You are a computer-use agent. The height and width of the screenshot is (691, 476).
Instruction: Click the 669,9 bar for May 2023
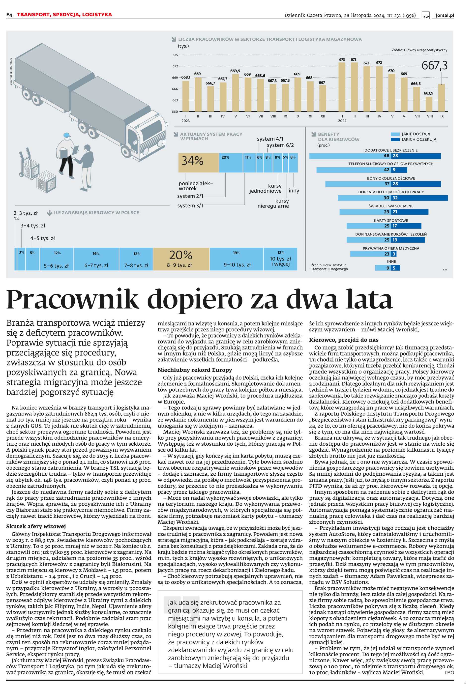(235, 93)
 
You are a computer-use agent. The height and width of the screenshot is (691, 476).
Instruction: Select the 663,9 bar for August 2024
(429, 104)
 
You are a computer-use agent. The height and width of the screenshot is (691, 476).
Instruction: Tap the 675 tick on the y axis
(175, 55)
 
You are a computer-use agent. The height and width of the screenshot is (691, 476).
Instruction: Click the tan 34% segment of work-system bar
(198, 163)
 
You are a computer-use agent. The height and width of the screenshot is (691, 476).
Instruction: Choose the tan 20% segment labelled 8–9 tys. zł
(181, 259)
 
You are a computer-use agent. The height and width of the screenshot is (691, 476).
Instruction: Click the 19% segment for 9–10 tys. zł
(237, 259)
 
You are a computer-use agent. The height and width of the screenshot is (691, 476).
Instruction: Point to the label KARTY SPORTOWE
(391, 220)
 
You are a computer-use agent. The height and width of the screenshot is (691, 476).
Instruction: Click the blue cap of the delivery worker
(67, 135)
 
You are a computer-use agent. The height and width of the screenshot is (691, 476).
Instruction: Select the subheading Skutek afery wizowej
(36, 526)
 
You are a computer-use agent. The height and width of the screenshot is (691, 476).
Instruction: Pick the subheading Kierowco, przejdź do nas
(344, 340)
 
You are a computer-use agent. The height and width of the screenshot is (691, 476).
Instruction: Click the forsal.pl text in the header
(444, 15)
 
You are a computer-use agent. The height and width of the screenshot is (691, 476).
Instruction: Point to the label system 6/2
(280, 145)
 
